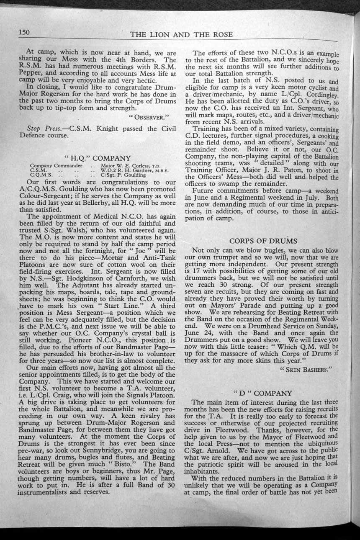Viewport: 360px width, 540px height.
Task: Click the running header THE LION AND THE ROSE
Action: (x=182, y=34)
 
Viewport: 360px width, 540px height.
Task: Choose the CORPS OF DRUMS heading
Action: (x=263, y=241)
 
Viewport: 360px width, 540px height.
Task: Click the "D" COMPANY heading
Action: (x=262, y=393)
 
